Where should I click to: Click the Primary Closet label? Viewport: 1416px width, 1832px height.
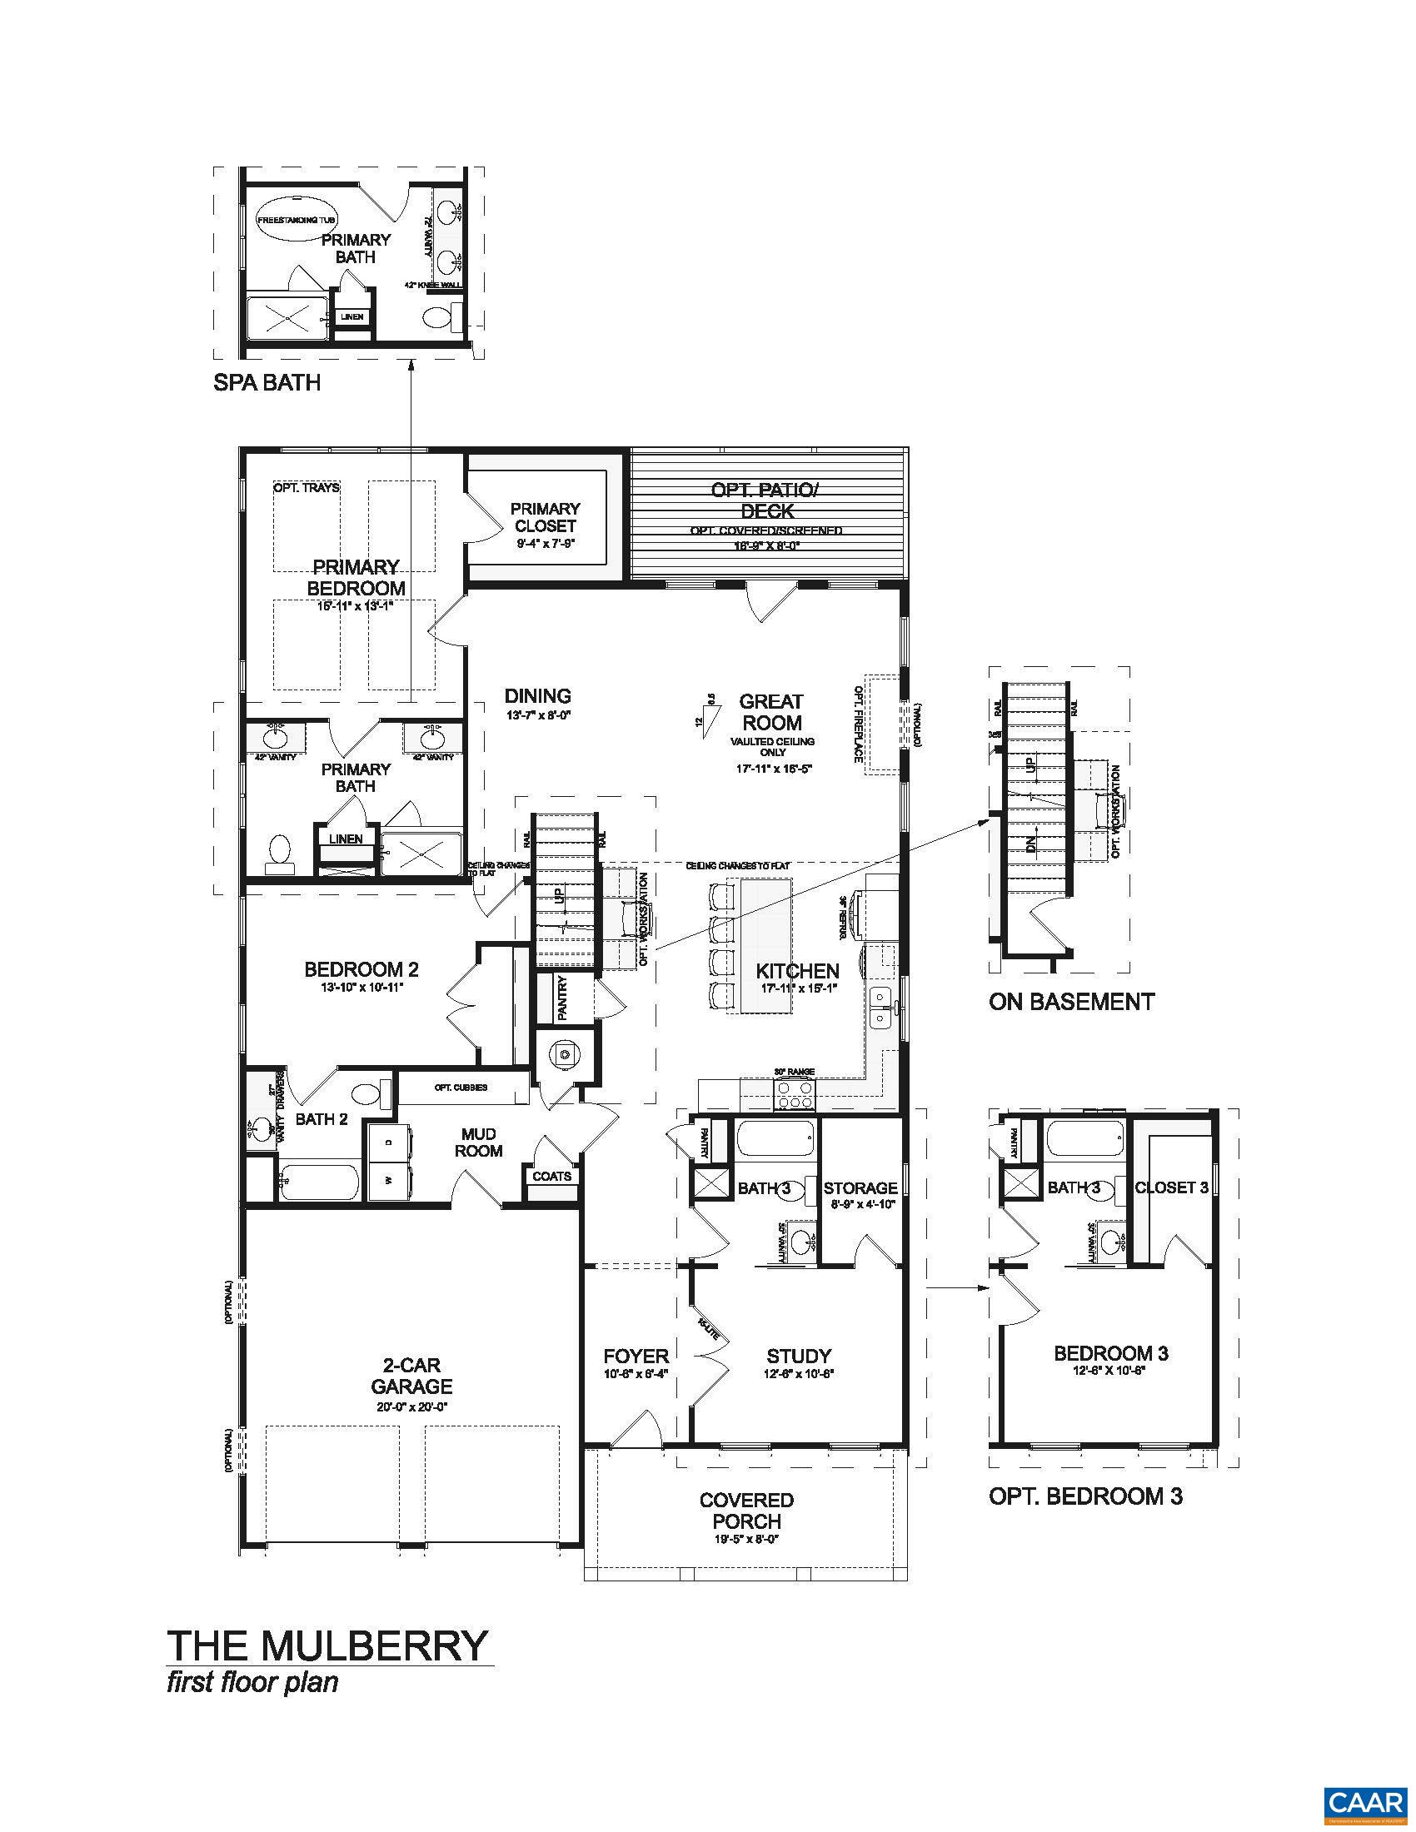coord(546,518)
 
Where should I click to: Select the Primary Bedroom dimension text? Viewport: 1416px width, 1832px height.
coord(355,605)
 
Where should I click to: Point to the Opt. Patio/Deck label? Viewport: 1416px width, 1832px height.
coord(765,500)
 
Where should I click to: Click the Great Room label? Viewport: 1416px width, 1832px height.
coord(770,711)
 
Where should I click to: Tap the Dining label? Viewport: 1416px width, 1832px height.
coord(538,695)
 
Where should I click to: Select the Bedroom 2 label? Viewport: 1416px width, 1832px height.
coord(361,969)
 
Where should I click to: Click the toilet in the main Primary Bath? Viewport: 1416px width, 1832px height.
coord(280,851)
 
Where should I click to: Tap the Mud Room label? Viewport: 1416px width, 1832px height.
coord(478,1143)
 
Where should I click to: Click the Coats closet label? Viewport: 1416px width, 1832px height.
coord(552,1176)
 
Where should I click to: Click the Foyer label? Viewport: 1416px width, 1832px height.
coord(636,1356)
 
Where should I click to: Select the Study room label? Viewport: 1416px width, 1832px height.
coord(799,1356)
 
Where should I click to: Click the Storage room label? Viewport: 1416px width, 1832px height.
coord(860,1187)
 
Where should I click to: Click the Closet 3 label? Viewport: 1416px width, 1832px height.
coord(1171,1187)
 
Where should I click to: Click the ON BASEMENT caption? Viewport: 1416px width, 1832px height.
coord(1071,1001)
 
